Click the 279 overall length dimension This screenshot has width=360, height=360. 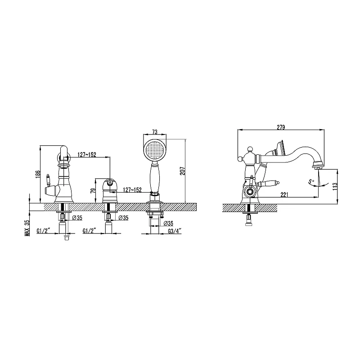tap(281, 127)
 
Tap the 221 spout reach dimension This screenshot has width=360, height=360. tap(284, 195)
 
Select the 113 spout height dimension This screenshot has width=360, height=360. tap(335, 186)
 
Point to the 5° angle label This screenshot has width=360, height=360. tap(311, 181)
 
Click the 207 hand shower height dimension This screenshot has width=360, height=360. tap(183, 171)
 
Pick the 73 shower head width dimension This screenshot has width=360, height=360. tap(155, 132)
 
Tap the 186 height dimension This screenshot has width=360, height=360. tap(38, 174)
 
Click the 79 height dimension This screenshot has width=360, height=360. tap(93, 191)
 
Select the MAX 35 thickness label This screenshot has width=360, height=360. tap(27, 228)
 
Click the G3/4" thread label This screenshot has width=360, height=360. tap(175, 231)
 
